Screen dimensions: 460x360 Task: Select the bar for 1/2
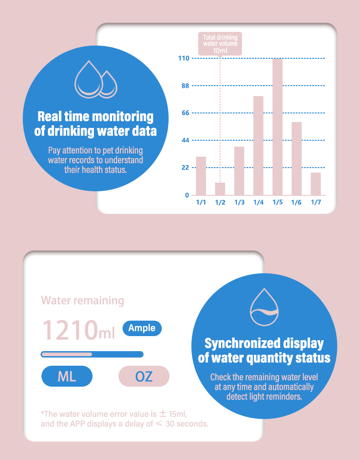220,189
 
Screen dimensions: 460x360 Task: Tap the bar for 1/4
258,145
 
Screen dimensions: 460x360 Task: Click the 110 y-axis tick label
184,58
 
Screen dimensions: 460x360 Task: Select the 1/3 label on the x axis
239,202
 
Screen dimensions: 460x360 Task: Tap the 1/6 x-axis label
297,202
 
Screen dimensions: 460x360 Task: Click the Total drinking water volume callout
220,43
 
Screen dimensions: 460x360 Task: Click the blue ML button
67,376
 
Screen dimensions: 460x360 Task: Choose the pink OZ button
144,376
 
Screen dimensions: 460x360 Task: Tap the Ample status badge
142,328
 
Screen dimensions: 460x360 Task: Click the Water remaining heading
82,301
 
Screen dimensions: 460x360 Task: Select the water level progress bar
92,354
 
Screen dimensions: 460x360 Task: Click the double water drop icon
96,79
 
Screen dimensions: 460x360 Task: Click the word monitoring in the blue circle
121,117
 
